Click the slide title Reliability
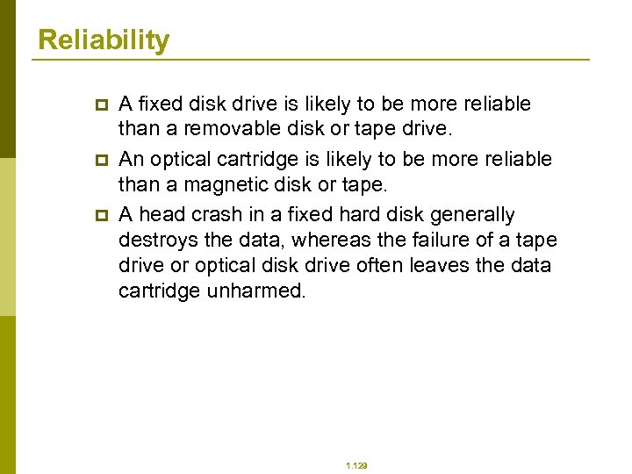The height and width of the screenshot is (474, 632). (104, 40)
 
